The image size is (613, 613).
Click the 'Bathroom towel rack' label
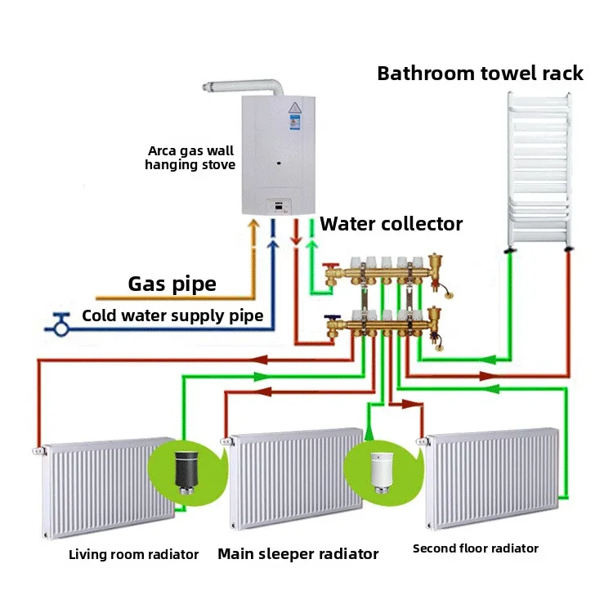pyautogui.click(x=480, y=74)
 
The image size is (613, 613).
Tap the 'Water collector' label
pyautogui.click(x=391, y=224)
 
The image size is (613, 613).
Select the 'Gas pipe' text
pyautogui.click(x=172, y=284)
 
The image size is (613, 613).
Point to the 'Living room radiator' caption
pyautogui.click(x=133, y=555)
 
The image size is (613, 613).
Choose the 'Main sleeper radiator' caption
pyautogui.click(x=298, y=554)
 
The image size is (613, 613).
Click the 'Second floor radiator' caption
pyautogui.click(x=476, y=548)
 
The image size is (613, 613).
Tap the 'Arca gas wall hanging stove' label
pyautogui.click(x=190, y=158)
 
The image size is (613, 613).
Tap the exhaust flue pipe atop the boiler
pyautogui.click(x=245, y=87)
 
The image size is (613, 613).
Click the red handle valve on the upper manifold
pyautogui.click(x=327, y=268)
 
